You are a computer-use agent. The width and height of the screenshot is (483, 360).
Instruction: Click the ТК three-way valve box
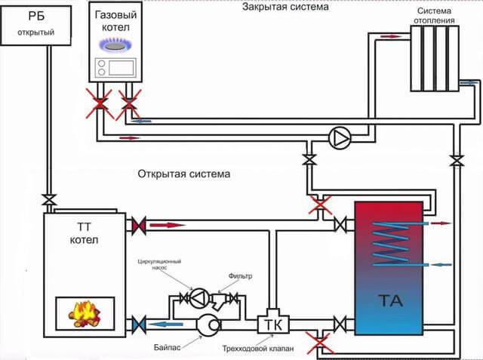coord(269,324)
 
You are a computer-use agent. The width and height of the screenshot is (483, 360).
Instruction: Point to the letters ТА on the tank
coord(390,301)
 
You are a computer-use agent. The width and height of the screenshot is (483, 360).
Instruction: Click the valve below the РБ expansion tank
coord(48,199)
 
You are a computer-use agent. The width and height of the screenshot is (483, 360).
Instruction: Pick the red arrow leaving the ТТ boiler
coord(168,223)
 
